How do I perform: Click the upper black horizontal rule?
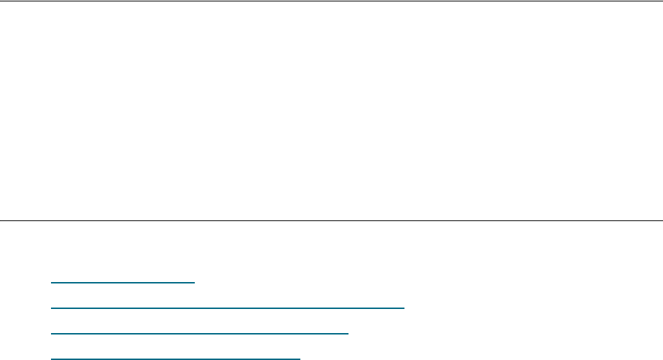(x=331, y=1)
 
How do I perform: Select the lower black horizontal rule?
(x=331, y=220)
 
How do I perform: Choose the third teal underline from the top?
(x=200, y=333)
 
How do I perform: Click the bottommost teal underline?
(x=176, y=359)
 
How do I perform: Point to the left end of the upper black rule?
(x=1, y=1)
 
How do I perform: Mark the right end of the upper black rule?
(x=662, y=1)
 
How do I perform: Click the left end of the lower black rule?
(x=1, y=220)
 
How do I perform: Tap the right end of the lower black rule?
(x=662, y=220)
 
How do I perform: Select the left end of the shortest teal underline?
(x=52, y=282)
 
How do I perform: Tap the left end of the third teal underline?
(x=52, y=333)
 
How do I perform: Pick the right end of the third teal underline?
(x=348, y=333)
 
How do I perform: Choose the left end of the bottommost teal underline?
(x=52, y=359)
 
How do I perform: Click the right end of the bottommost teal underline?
(x=300, y=359)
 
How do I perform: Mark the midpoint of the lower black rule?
(x=331, y=220)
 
